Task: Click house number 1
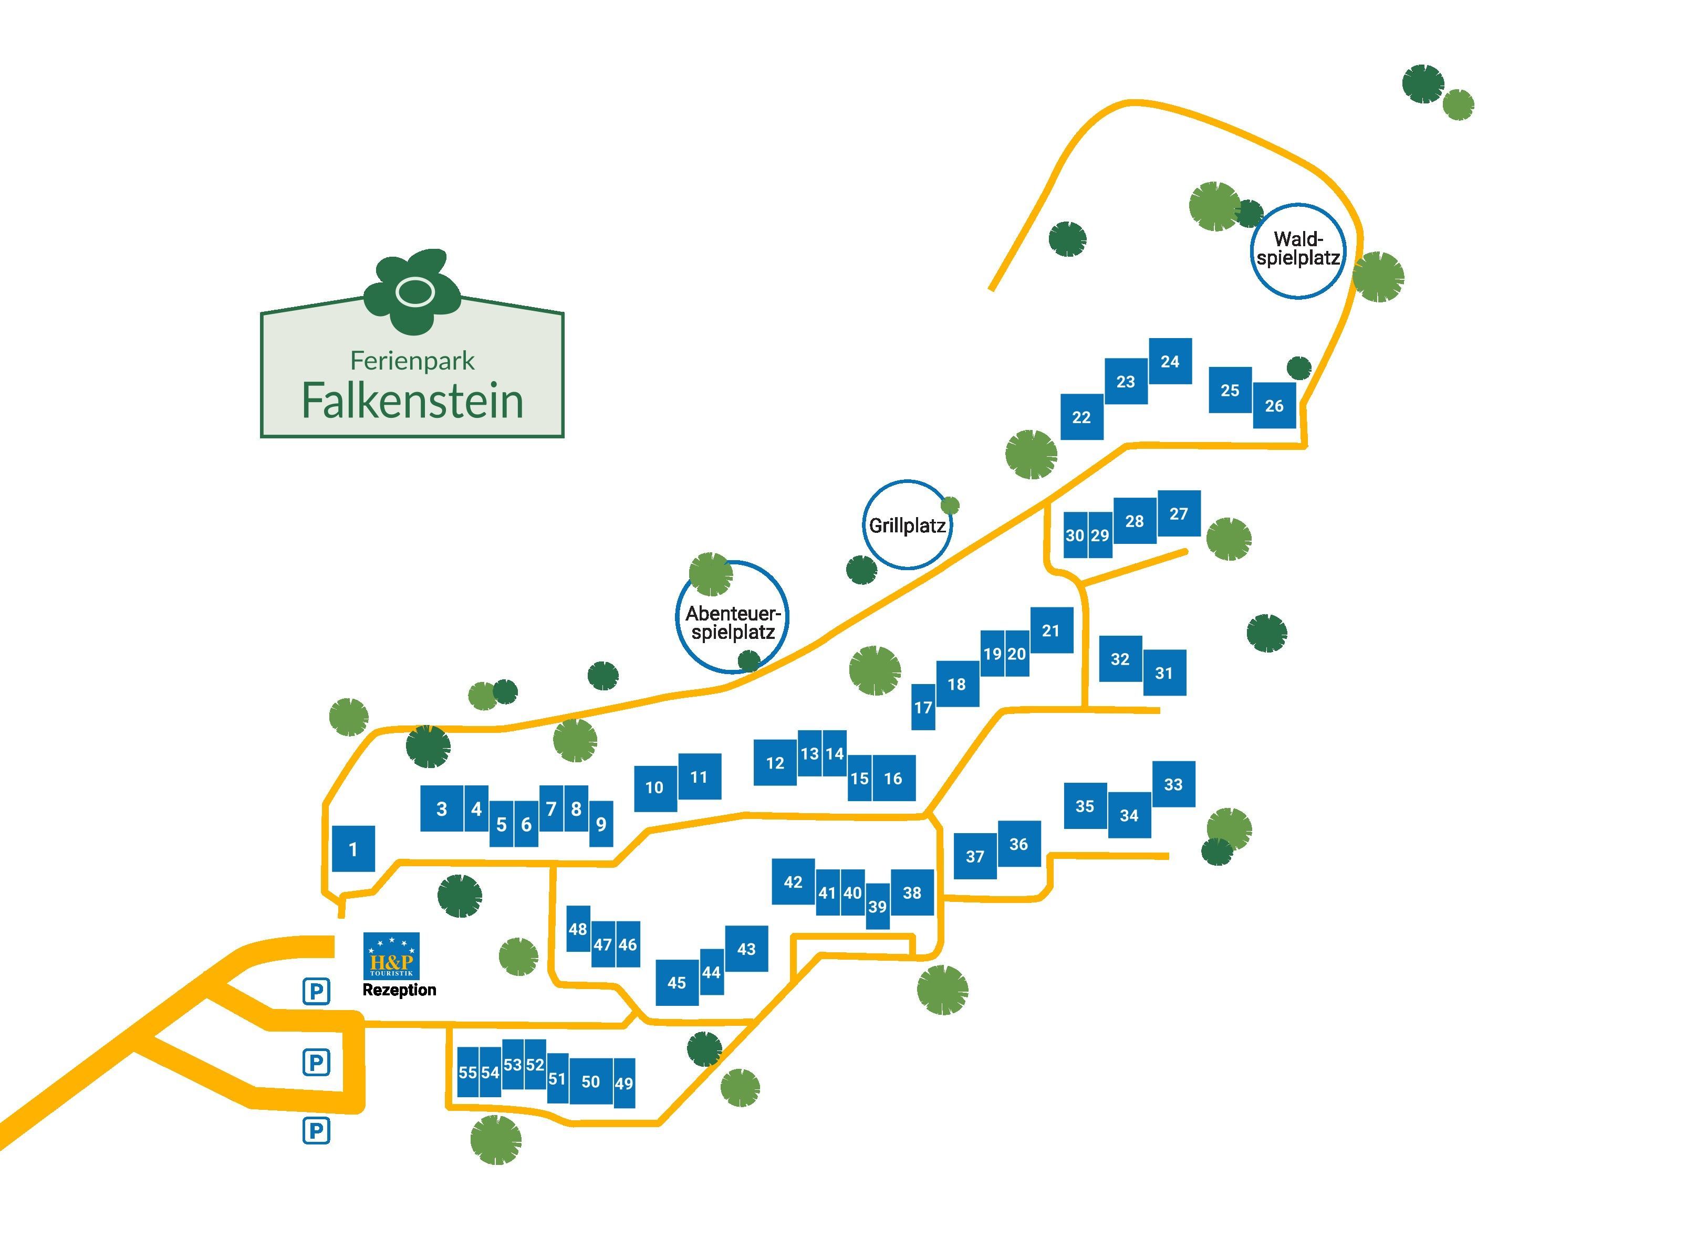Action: pos(353,849)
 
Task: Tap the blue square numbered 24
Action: pos(1170,361)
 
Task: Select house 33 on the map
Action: pos(1173,784)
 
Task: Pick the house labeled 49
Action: pos(623,1083)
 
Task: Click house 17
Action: pos(923,707)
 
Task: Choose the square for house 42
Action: pos(793,881)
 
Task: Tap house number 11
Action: pos(699,777)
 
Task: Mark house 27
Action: pos(1179,513)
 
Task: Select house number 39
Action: pos(877,906)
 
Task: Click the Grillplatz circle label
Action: pos(907,525)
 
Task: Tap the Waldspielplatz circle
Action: pos(1297,250)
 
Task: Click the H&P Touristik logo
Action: pos(391,955)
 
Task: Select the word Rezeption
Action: pos(399,990)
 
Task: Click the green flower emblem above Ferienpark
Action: pos(412,290)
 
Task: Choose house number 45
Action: pos(676,982)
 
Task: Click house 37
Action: pos(975,856)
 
